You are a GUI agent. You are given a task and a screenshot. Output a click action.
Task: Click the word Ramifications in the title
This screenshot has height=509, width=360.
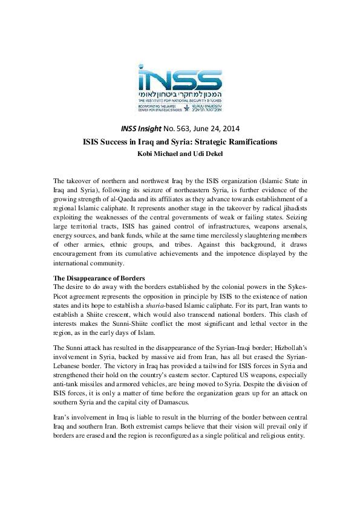pyautogui.click(x=246, y=141)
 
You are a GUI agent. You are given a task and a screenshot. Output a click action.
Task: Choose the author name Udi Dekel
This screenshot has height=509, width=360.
pyautogui.click(x=205, y=152)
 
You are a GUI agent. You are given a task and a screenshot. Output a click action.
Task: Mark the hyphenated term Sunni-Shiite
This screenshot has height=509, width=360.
pyautogui.click(x=136, y=323)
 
